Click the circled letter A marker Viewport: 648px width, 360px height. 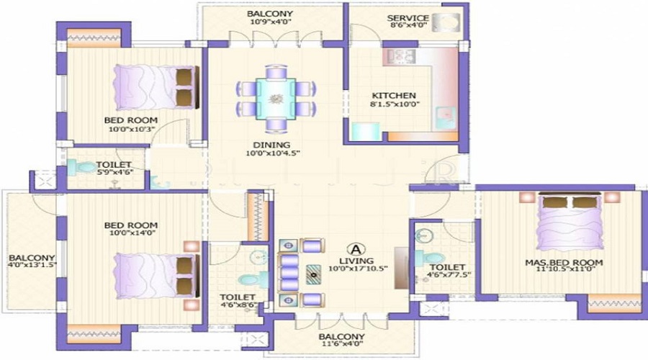click(356, 250)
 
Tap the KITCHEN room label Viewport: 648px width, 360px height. click(393, 96)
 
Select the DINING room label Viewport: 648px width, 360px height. click(271, 145)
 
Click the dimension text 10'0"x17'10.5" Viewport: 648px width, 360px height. click(358, 269)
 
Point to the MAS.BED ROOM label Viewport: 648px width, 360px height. click(564, 263)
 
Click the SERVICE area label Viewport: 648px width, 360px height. click(408, 18)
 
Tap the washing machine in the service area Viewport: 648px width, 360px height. click(446, 22)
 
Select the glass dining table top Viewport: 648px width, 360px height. click(276, 99)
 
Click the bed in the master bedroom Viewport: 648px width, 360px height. click(570, 221)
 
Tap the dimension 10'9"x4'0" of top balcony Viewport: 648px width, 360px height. click(271, 22)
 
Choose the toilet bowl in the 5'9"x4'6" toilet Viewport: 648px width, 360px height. click(82, 168)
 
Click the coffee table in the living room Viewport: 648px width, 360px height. click(314, 274)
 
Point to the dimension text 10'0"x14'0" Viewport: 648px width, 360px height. click(130, 233)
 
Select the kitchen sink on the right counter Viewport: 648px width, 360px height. click(446, 118)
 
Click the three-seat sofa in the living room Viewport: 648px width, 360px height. click(289, 273)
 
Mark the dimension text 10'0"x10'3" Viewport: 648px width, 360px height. click(132, 129)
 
